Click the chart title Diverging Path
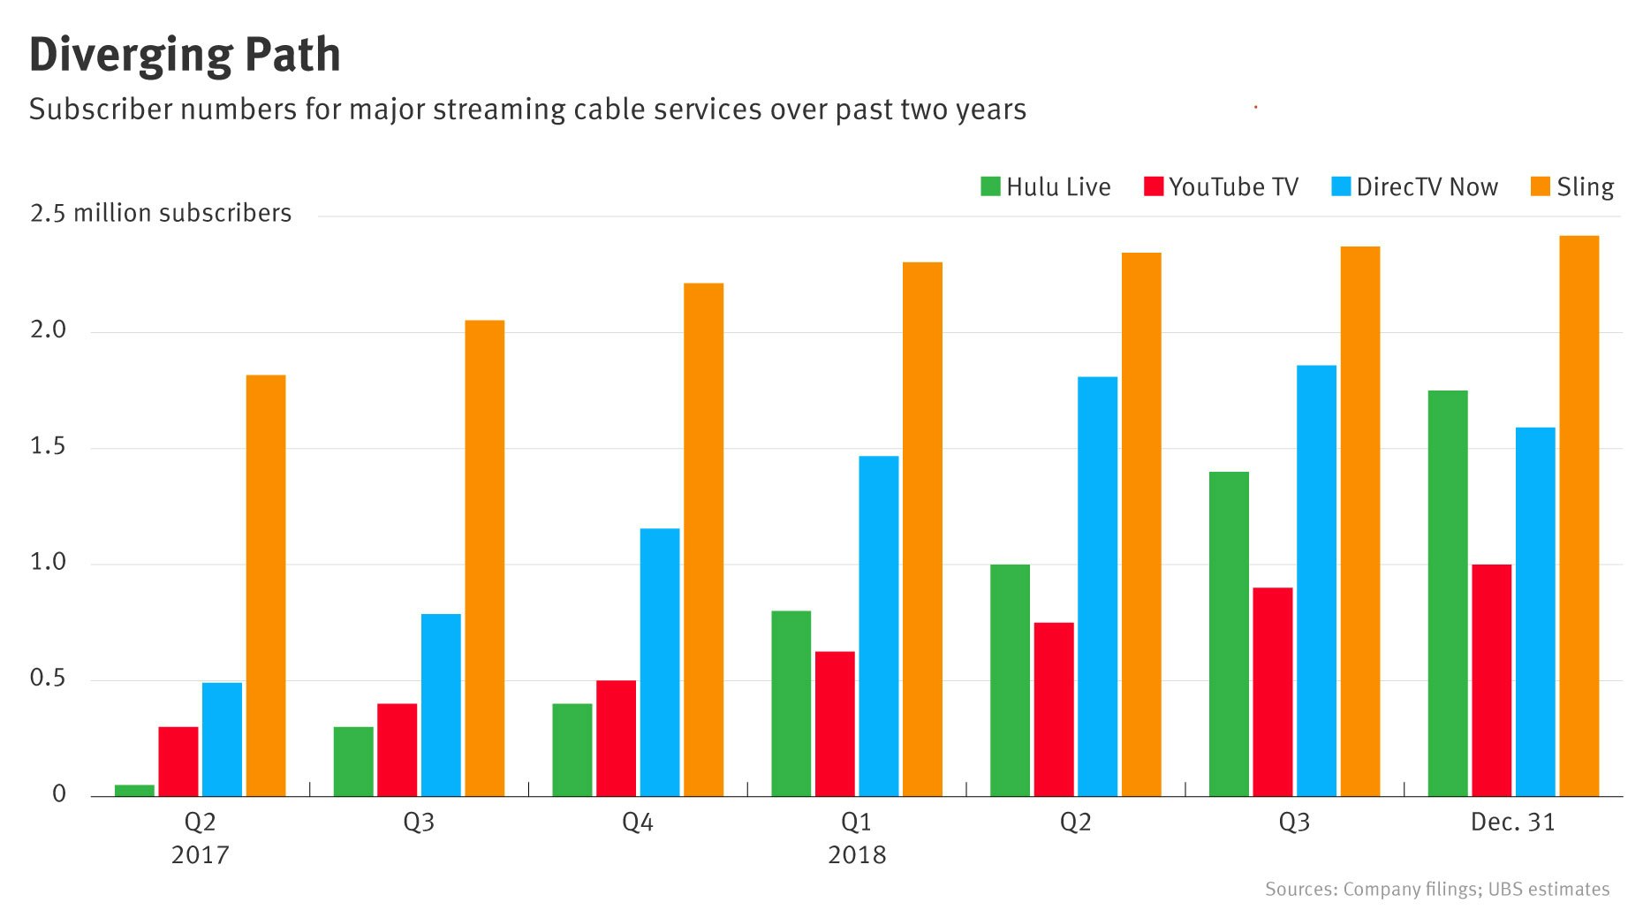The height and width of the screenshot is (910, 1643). [x=185, y=55]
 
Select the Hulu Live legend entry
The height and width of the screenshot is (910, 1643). [x=1046, y=187]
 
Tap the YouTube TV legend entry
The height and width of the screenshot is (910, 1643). [x=1221, y=187]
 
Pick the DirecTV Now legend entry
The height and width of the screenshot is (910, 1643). [x=1415, y=187]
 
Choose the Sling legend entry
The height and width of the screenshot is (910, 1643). [x=1572, y=187]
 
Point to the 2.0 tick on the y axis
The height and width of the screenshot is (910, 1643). [x=48, y=330]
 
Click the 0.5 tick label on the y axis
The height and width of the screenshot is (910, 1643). [x=48, y=679]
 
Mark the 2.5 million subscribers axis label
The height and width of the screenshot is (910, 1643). [x=161, y=214]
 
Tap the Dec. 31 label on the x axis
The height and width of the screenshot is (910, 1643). [x=1512, y=823]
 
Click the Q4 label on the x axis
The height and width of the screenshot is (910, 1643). [x=637, y=823]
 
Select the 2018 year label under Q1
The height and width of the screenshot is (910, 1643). [x=857, y=855]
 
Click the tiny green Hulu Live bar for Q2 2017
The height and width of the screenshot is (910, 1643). [x=134, y=790]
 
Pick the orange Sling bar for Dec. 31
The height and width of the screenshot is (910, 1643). [x=1579, y=516]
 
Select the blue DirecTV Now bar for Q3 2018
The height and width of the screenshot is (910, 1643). [x=1316, y=580]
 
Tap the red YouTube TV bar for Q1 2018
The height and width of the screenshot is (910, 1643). [x=835, y=724]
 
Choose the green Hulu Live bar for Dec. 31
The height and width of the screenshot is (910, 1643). [x=1448, y=593]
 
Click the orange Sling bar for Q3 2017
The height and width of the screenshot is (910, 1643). [x=485, y=558]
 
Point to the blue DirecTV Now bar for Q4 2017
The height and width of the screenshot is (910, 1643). [x=660, y=662]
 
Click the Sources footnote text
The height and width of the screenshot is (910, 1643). [x=1436, y=889]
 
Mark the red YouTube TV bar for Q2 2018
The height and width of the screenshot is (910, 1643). [x=1054, y=709]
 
